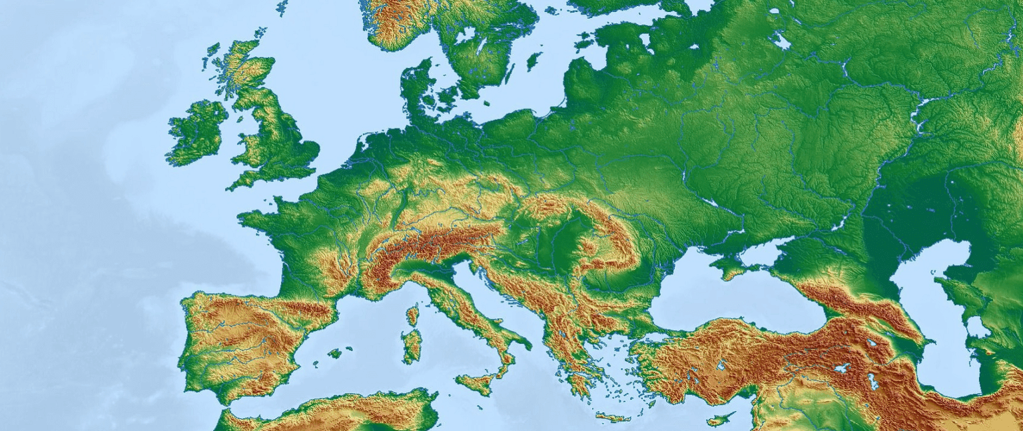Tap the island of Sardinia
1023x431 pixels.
(412, 345)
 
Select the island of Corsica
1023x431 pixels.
(413, 314)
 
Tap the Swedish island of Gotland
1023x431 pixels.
(533, 61)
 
